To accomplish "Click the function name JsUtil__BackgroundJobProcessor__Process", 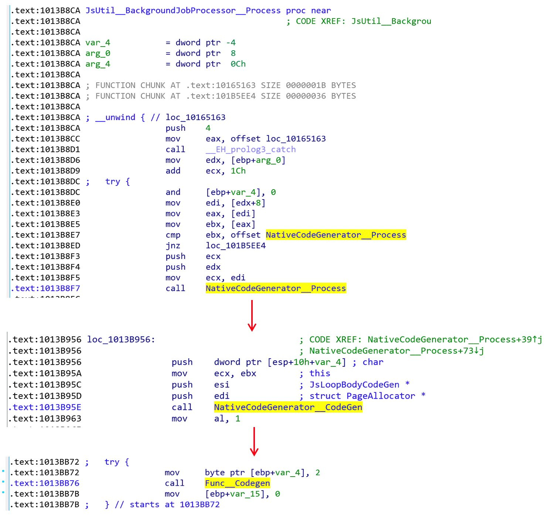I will click(x=183, y=11).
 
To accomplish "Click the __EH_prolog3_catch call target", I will click(x=251, y=150).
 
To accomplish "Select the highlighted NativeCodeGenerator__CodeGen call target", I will click(x=288, y=407).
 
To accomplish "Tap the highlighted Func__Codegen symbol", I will click(x=237, y=483).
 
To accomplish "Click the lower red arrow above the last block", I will click(x=254, y=441).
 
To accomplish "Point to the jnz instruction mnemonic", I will click(x=173, y=246).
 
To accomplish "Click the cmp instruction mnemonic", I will click(x=173, y=235).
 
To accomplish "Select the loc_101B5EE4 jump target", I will click(x=236, y=246).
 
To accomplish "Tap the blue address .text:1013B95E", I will click(x=47, y=407).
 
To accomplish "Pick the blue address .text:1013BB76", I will click(x=47, y=483).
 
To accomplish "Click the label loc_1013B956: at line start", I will click(x=121, y=340).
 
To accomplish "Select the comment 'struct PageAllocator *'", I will click(x=367, y=396).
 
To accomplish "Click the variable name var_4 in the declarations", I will click(x=98, y=43).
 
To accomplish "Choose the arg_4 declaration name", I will click(x=98, y=64).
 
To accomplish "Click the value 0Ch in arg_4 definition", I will click(x=238, y=64).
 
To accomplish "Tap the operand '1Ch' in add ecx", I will click(x=238, y=171).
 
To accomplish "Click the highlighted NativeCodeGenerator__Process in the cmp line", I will click(x=335, y=235).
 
